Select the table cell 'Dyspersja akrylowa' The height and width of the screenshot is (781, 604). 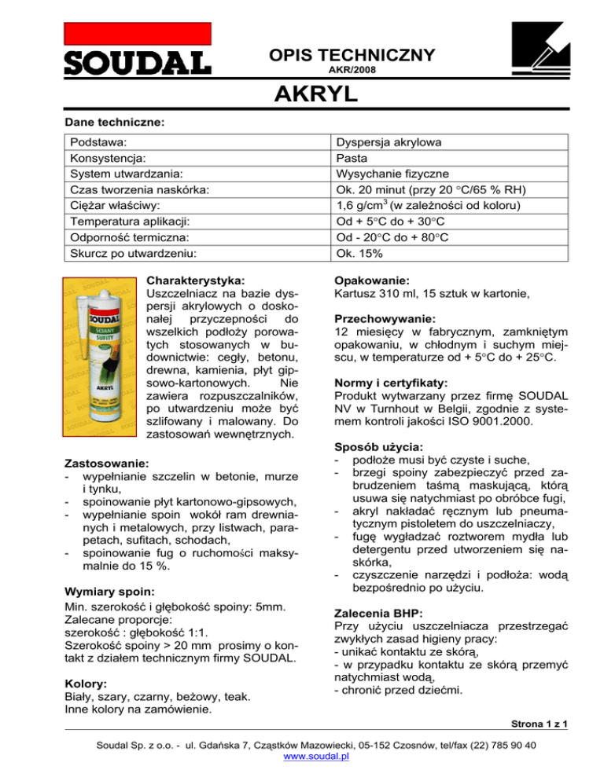pyautogui.click(x=389, y=143)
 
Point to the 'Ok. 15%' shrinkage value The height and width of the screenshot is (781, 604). pyautogui.click(x=359, y=255)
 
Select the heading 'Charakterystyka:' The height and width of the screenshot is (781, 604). pyautogui.click(x=196, y=279)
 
